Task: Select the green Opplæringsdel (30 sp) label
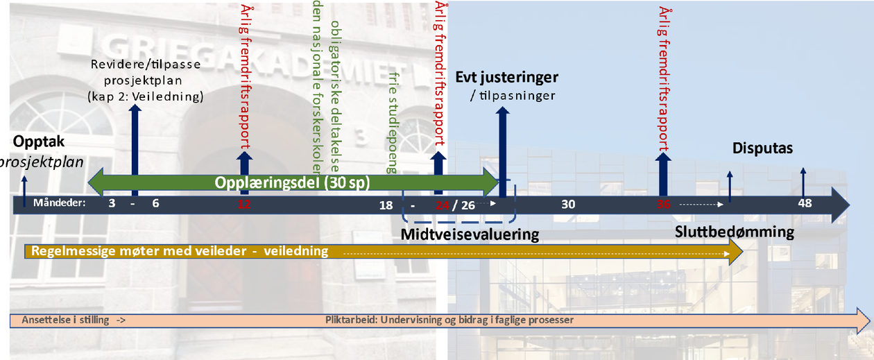coord(292,183)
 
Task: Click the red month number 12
coord(243,204)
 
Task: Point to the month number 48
coord(805,204)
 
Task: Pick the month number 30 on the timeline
coord(568,204)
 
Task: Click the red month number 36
coord(664,204)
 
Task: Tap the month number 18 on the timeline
coord(386,205)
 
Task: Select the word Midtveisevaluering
coord(470,234)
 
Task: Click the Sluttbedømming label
coord(735,232)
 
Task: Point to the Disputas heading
coord(762,148)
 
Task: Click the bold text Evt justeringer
coord(506,77)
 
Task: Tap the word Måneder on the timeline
coord(58,203)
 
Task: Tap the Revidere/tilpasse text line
coord(146,66)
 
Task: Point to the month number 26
coord(468,205)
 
